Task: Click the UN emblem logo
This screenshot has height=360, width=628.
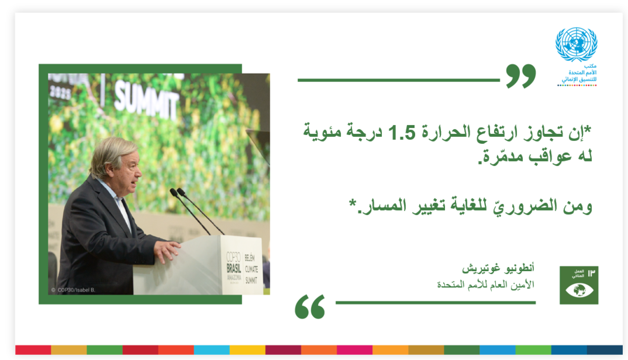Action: [x=576, y=44]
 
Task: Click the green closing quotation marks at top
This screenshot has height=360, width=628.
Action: [x=520, y=76]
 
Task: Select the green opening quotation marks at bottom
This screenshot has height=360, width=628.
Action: [x=310, y=307]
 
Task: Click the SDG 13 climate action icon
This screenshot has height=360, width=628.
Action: [x=579, y=285]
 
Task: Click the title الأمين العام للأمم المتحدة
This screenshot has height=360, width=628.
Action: [x=485, y=285]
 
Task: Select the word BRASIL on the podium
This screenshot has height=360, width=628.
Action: [x=234, y=268]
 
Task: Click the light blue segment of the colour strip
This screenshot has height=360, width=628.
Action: [x=211, y=350]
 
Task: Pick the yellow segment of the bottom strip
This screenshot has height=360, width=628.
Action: [x=247, y=350]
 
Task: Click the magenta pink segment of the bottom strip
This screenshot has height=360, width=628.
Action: [x=354, y=350]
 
